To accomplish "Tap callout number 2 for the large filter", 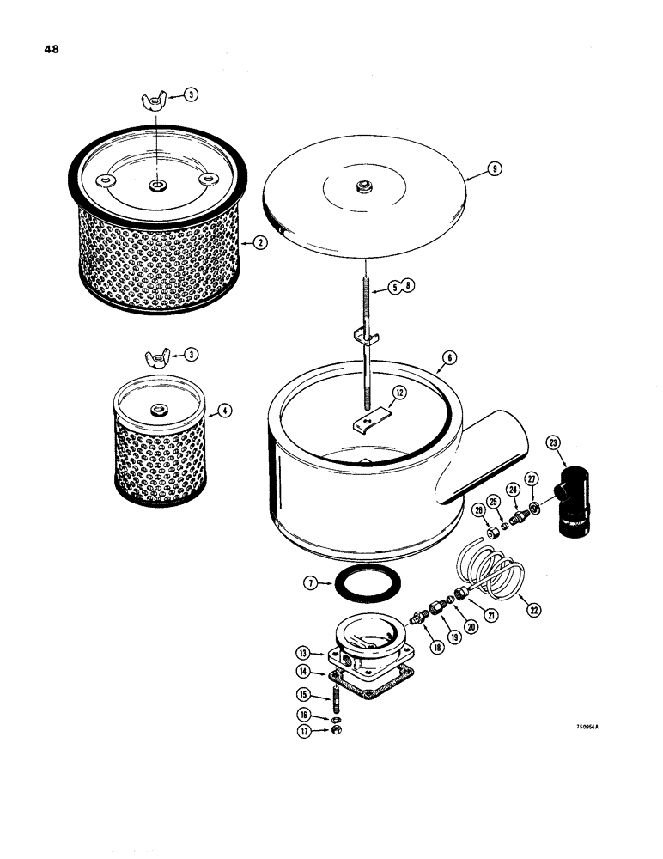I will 260,244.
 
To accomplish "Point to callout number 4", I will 225,411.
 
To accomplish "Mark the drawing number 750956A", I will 588,726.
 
